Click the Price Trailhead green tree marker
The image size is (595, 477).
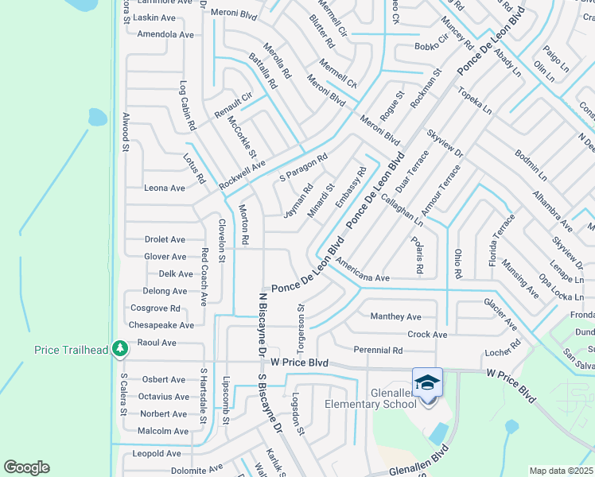tap(119, 349)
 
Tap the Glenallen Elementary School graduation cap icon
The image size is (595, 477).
tap(428, 382)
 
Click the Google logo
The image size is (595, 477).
tap(26, 467)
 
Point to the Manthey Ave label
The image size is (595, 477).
tap(395, 316)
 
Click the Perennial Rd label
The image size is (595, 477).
tap(379, 350)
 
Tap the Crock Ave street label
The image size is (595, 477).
tap(427, 335)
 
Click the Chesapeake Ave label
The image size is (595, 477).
tap(161, 325)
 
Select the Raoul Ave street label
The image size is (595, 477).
tap(157, 343)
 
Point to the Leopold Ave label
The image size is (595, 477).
tap(157, 453)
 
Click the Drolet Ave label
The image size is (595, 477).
tap(165, 239)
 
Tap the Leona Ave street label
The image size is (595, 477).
tap(164, 188)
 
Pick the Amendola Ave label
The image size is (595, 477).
tap(165, 35)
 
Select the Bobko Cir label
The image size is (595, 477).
tap(432, 46)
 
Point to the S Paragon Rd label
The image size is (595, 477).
tap(303, 169)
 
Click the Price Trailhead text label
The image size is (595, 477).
tap(72, 350)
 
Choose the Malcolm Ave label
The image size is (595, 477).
tap(164, 431)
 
